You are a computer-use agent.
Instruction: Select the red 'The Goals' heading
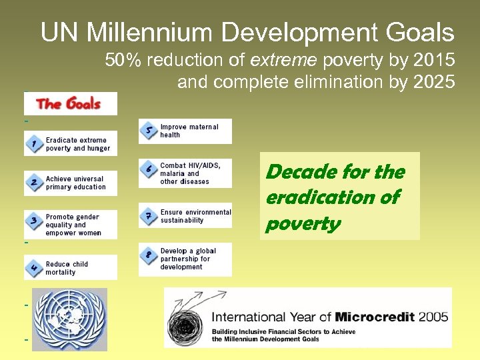[x=69, y=104]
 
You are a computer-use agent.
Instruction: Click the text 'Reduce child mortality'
[x=67, y=268]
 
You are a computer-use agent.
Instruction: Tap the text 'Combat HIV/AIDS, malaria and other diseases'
[x=191, y=173]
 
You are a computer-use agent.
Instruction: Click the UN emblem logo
[x=69, y=319]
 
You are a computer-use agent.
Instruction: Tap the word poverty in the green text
[x=303, y=224]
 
